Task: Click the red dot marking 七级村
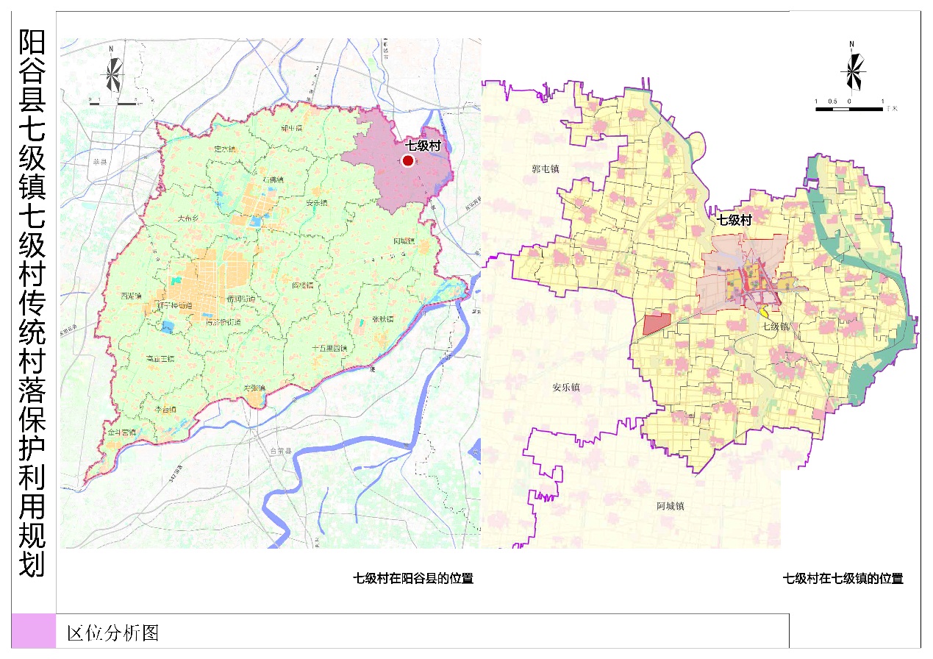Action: pos(408,160)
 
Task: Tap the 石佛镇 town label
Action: pos(273,179)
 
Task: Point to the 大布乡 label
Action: pos(189,218)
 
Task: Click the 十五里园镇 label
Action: pos(329,348)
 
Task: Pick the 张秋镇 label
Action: pos(383,319)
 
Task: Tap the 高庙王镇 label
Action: pos(160,358)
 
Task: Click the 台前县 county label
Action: pos(282,451)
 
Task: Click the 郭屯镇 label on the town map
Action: pos(546,168)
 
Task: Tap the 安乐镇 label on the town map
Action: pos(565,387)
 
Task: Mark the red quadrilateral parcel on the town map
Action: pos(657,324)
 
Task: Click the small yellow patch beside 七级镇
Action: pos(765,313)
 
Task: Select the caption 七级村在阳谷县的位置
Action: pos(414,578)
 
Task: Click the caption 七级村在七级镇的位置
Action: pos(843,578)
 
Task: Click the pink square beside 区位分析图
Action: pos(34,631)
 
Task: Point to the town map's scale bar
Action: pos(849,109)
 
